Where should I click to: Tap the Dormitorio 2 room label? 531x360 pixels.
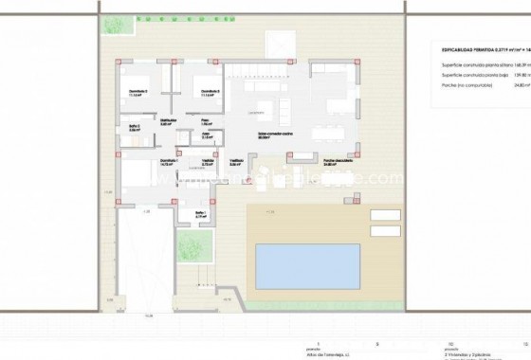click(x=138, y=92)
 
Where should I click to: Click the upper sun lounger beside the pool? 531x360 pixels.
click(x=383, y=214)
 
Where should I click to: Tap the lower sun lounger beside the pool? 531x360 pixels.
click(x=383, y=230)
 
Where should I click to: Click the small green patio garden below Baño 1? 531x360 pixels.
click(x=193, y=250)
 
